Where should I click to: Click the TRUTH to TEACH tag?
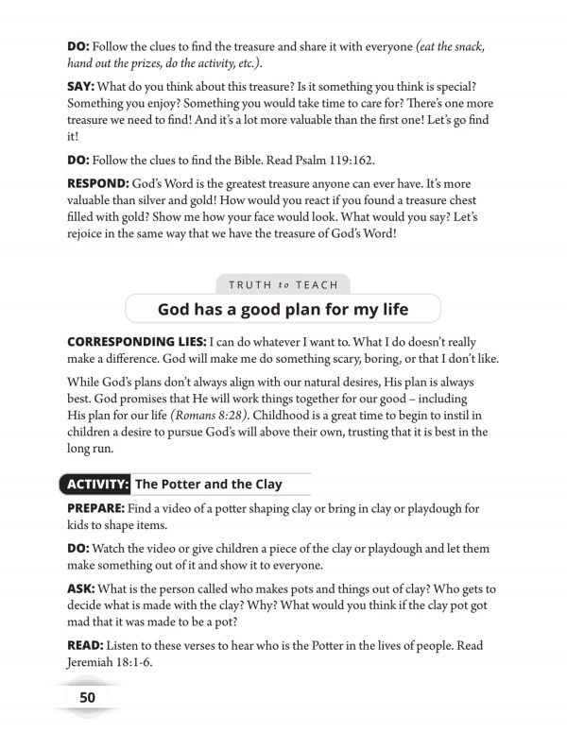tap(283, 283)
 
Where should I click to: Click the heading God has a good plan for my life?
tap(283, 309)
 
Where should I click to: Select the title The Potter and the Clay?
tap(209, 485)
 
